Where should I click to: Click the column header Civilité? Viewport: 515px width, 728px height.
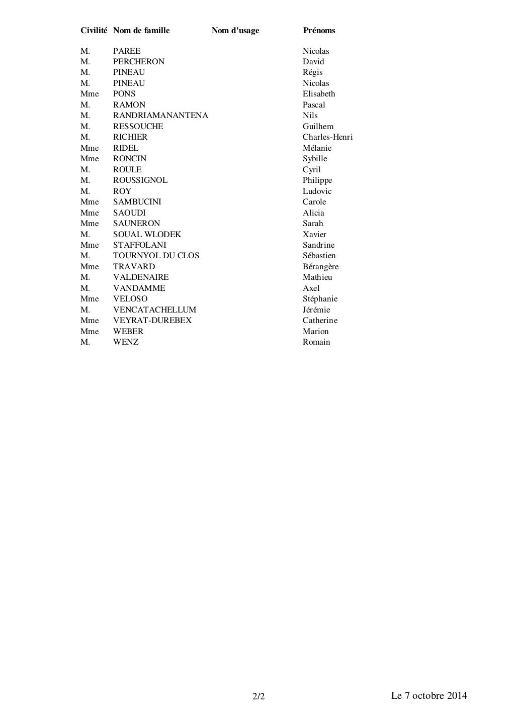[94, 31]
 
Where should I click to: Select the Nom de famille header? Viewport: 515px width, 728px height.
[141, 31]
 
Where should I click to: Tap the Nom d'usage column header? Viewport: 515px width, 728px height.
[235, 31]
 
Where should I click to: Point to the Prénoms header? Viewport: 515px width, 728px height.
[319, 31]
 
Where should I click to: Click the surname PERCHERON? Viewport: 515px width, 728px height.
[139, 62]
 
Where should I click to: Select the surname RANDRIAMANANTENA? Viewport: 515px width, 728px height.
[160, 116]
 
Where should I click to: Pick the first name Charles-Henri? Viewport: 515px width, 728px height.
[327, 137]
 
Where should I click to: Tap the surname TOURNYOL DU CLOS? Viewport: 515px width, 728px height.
[156, 256]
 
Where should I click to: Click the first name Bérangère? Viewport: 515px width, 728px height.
[320, 267]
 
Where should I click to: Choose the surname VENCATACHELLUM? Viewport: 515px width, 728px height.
[154, 310]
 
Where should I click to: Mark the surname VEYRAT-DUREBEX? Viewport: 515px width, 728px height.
[152, 321]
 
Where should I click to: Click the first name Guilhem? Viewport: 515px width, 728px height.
[318, 127]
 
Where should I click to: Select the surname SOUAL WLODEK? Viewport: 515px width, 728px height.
[147, 235]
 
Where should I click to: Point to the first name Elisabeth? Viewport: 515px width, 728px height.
[319, 94]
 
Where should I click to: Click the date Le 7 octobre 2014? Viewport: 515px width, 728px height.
[429, 696]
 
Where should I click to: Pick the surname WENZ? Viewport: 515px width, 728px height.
[126, 342]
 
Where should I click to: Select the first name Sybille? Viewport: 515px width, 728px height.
[315, 159]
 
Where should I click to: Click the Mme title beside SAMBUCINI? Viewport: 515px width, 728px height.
[90, 202]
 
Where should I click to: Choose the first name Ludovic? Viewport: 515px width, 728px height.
[317, 191]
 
